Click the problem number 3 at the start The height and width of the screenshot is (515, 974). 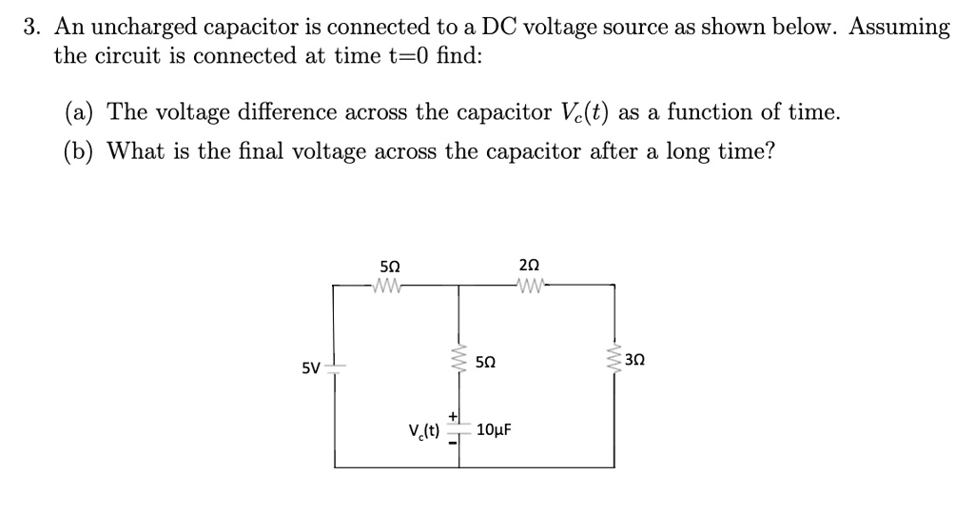[30, 27]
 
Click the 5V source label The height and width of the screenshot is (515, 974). [311, 367]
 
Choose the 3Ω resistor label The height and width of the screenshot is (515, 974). [636, 360]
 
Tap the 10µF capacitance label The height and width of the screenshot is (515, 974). [493, 429]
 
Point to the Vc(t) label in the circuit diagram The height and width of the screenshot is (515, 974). [423, 429]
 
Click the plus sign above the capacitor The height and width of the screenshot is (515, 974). [453, 415]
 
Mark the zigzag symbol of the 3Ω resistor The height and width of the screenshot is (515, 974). [614, 360]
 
